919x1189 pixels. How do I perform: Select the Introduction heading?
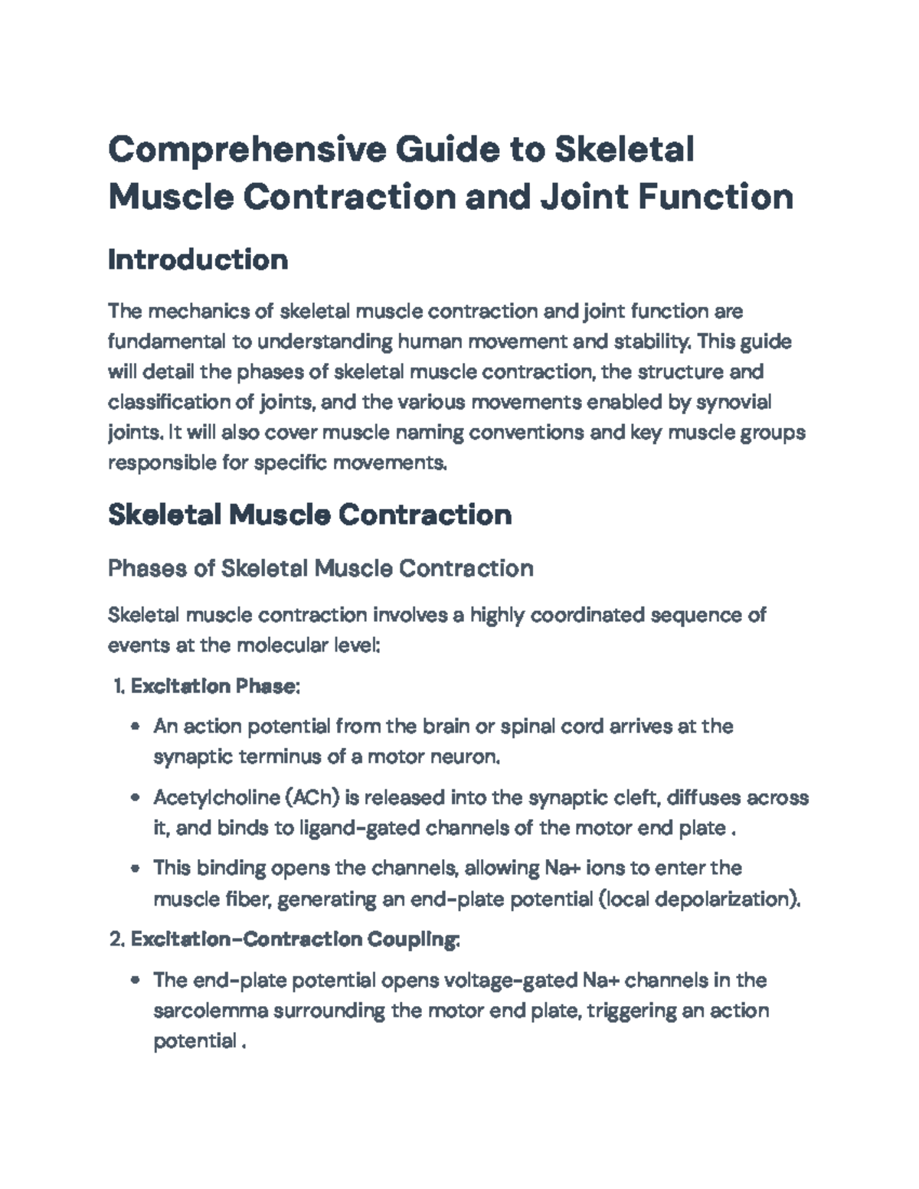(x=198, y=260)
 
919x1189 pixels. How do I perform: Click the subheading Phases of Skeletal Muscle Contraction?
(x=320, y=568)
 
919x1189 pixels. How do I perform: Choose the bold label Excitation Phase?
(x=214, y=686)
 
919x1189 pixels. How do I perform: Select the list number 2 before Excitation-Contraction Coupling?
(x=117, y=939)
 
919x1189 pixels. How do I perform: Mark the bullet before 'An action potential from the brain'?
(x=136, y=727)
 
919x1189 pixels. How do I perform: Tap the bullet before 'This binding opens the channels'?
(x=136, y=868)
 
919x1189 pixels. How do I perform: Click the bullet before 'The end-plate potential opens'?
(x=136, y=981)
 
